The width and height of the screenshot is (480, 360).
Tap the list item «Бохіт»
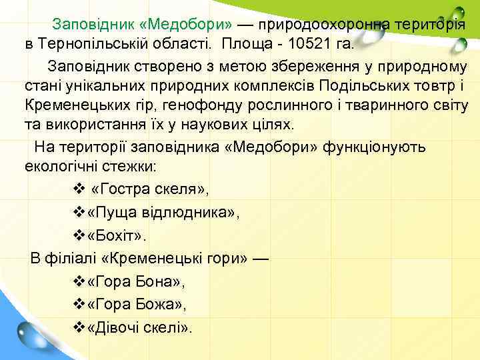119,235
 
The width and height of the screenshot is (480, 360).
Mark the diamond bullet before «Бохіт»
77,235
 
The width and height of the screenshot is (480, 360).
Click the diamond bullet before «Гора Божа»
77,305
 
